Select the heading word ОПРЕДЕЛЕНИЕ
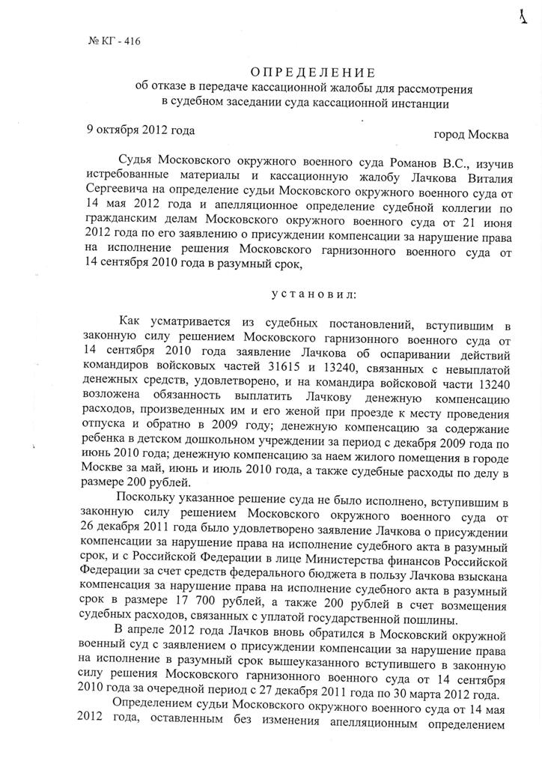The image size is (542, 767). pyautogui.click(x=312, y=73)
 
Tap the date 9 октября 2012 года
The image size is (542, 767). pyautogui.click(x=141, y=129)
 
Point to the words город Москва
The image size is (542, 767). pyautogui.click(x=471, y=136)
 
